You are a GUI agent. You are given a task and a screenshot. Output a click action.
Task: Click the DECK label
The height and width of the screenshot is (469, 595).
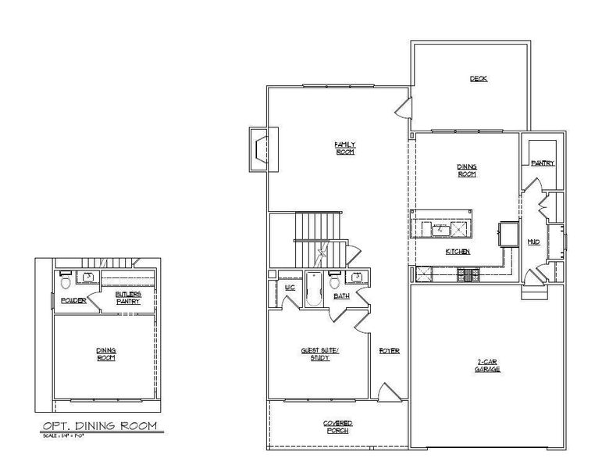coord(478,78)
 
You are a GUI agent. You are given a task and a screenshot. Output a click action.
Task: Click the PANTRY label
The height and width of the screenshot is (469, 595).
coord(542,163)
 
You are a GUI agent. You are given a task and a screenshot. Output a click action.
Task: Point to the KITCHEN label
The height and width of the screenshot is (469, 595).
coord(457,252)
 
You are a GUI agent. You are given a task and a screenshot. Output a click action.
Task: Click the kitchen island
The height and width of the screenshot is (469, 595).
coord(442,225)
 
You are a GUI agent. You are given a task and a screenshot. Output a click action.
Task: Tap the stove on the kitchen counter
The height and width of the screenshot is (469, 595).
coord(472,274)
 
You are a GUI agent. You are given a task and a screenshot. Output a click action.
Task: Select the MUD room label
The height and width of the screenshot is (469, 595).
coord(533,242)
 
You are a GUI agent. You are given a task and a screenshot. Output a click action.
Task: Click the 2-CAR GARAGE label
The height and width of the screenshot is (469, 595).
coord(488,365)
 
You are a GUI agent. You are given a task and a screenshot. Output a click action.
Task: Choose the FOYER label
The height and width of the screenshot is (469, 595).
coord(390,351)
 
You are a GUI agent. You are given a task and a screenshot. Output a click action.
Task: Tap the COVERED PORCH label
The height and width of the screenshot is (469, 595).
coord(337,426)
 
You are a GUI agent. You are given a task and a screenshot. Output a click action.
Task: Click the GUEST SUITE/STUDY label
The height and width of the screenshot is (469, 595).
coord(319,354)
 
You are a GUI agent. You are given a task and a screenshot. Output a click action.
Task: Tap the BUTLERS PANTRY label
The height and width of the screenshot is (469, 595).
coord(128,297)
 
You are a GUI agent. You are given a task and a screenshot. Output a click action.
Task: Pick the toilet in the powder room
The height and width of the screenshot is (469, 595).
coord(66,281)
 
